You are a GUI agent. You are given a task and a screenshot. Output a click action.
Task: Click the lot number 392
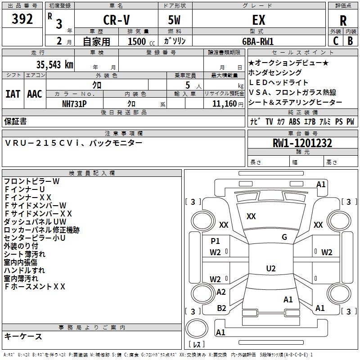pyautogui.click(x=22, y=19)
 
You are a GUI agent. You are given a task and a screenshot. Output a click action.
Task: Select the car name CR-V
pyautogui.click(x=117, y=20)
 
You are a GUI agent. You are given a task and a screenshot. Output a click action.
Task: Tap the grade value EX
pyautogui.click(x=259, y=20)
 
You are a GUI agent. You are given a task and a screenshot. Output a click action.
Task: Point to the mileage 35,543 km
pyautogui.click(x=54, y=65)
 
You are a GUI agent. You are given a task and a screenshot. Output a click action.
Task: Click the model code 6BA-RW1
pyautogui.click(x=258, y=41)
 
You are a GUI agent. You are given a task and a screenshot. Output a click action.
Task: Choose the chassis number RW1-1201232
pyautogui.click(x=302, y=143)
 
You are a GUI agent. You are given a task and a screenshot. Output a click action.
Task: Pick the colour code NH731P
pyautogui.click(x=74, y=104)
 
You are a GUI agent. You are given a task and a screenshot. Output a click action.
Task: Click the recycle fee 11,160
pyautogui.click(x=224, y=104)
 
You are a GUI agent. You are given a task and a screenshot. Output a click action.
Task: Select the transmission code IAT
pyautogui.click(x=13, y=94)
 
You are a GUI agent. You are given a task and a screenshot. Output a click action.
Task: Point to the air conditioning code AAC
pyautogui.click(x=35, y=94)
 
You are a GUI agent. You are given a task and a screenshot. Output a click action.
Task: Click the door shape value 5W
pyautogui.click(x=174, y=20)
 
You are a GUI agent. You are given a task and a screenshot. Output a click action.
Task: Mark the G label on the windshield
pyautogui.click(x=284, y=237)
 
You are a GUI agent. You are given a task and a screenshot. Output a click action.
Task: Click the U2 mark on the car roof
pyautogui.click(x=271, y=268)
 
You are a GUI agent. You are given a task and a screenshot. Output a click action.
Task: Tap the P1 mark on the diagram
pyautogui.click(x=215, y=241)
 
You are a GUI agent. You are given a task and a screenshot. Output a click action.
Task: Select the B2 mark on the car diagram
pyautogui.click(x=221, y=308)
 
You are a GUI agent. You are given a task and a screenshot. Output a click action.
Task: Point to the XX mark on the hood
pyautogui.click(x=251, y=216)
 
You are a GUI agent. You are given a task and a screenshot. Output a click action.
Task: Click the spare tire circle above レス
pyautogui.click(x=197, y=328)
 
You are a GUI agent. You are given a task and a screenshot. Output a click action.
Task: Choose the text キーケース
pyautogui.click(x=23, y=336)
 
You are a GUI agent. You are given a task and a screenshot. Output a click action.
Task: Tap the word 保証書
pyautogui.click(x=15, y=121)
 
